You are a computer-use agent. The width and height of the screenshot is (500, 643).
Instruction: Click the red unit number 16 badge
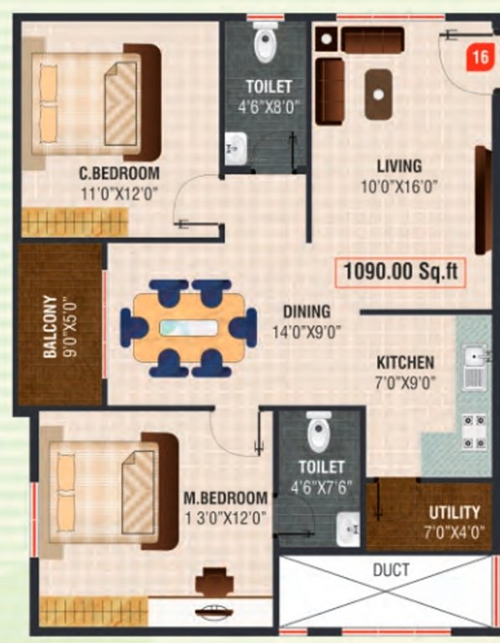point(479,59)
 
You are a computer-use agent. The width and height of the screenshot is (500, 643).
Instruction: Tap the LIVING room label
point(399,167)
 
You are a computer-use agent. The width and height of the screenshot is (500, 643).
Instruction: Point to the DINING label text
point(306,311)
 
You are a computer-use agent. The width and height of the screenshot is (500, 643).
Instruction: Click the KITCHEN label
point(405,363)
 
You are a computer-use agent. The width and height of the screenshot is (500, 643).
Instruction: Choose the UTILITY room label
point(454,512)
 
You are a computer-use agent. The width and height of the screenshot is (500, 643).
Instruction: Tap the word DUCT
point(391,570)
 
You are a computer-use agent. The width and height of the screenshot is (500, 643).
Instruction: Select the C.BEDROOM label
point(119,174)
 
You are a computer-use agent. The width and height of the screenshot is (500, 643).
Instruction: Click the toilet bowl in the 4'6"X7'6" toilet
point(318,433)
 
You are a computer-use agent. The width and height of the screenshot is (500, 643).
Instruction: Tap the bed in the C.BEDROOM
point(94,102)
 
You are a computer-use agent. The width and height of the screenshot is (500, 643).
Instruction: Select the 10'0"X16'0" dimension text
point(399,186)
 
